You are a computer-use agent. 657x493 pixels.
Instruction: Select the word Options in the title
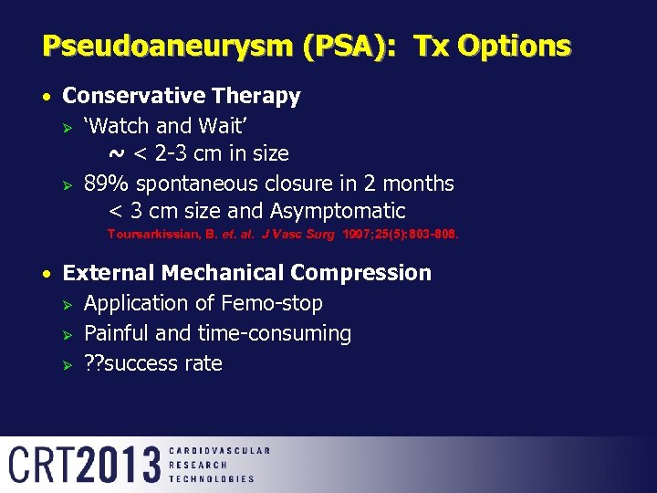[516, 46]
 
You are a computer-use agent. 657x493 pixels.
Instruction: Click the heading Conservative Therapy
[181, 96]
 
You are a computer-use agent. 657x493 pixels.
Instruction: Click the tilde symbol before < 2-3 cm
[118, 152]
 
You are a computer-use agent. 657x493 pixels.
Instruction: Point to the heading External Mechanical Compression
[246, 273]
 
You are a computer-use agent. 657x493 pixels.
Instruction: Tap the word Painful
[117, 333]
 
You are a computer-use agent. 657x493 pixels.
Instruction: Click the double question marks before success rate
[94, 363]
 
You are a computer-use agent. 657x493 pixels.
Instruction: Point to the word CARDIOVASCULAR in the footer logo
[219, 451]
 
